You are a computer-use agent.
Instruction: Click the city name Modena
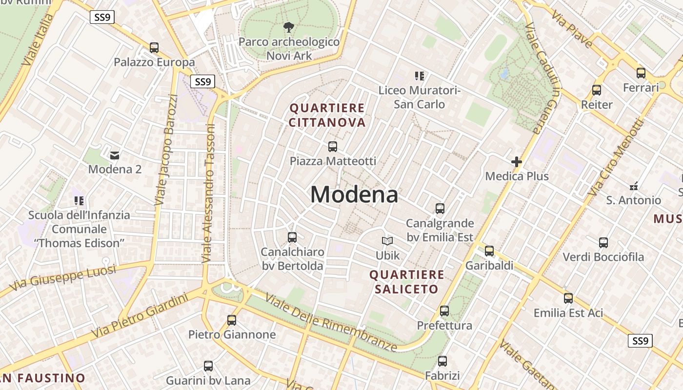(354, 195)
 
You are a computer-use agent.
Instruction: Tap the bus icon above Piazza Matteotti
(333, 146)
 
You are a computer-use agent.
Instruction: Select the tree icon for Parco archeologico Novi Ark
(289, 27)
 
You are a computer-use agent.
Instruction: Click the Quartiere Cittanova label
(327, 115)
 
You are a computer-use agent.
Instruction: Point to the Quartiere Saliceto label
(407, 282)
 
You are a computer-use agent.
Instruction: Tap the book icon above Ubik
(387, 241)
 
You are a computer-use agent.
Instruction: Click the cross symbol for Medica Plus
(517, 162)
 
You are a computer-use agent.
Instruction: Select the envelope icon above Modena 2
(115, 156)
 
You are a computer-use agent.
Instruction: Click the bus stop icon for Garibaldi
(489, 251)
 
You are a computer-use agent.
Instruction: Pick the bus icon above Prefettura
(444, 311)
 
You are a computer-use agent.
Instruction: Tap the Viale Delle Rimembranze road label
(331, 322)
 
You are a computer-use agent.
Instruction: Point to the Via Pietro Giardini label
(140, 316)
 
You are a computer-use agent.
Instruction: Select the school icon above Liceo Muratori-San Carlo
(420, 76)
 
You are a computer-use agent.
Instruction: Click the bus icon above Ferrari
(641, 73)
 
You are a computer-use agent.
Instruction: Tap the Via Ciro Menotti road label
(616, 158)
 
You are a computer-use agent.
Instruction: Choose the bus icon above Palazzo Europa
(154, 48)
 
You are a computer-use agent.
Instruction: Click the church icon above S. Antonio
(634, 186)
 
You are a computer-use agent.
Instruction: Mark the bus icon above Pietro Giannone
(232, 320)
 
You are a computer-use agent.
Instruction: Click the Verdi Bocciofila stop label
(603, 257)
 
